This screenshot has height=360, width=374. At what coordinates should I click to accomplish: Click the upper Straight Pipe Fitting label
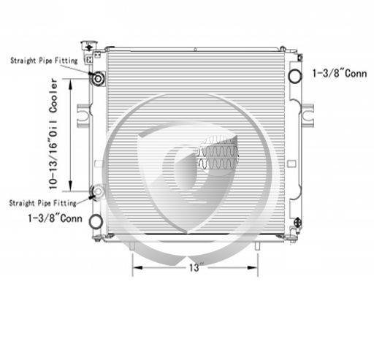pyautogui.click(x=44, y=61)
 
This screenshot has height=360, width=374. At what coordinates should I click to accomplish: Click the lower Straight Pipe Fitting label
pyautogui.click(x=43, y=203)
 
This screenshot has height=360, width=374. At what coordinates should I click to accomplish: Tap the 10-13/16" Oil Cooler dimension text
pyautogui.click(x=53, y=134)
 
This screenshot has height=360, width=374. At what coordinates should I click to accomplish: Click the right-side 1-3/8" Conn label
pyautogui.click(x=340, y=73)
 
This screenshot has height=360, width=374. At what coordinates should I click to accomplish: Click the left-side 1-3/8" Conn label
pyautogui.click(x=56, y=218)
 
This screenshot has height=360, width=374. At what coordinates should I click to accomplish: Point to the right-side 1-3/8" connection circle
pyautogui.click(x=294, y=76)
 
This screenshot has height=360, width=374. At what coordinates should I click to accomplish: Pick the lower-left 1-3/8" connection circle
pyautogui.click(x=96, y=221)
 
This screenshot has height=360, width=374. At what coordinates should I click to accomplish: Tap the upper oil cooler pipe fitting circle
pyautogui.click(x=98, y=78)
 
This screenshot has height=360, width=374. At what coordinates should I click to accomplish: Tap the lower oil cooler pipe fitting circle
pyautogui.click(x=98, y=191)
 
